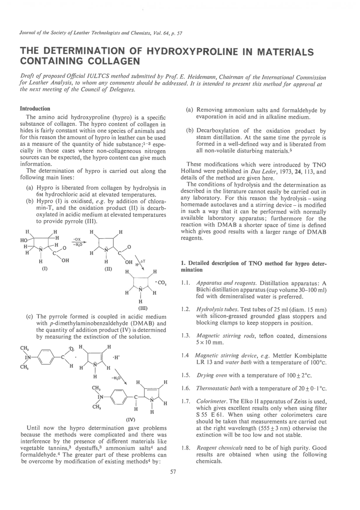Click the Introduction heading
[x=35, y=109]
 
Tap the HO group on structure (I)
[x=24, y=240]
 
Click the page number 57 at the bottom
[x=173, y=472]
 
